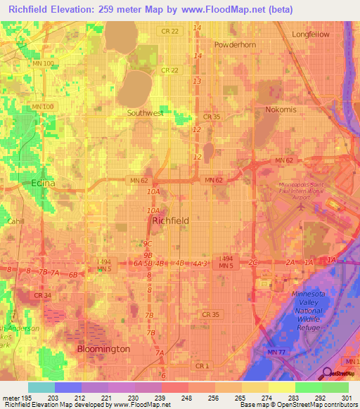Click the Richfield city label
pos(171,220)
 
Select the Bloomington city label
pos(103,349)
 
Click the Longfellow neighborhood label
pos(311,34)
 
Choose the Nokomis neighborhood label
pos(283,110)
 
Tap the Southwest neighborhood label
pos(146,112)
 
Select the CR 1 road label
pos(203,366)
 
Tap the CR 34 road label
pos(41,295)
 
